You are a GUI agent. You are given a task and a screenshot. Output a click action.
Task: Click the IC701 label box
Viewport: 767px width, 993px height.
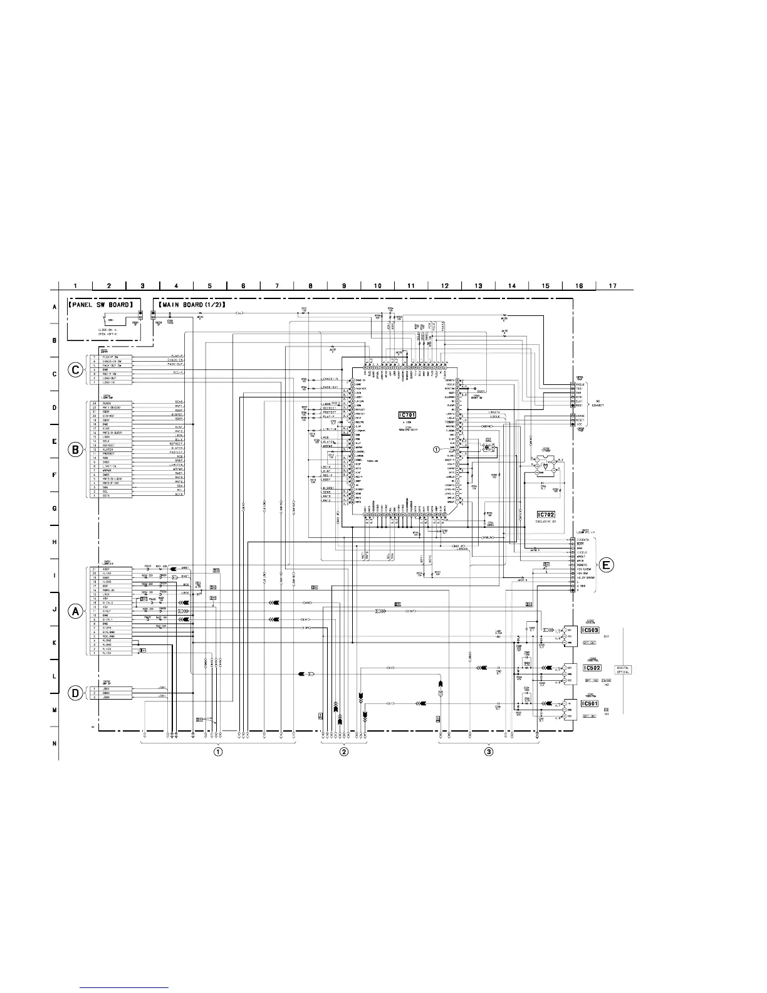pos(407,415)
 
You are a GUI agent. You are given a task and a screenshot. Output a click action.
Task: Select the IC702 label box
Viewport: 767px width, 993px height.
pos(545,514)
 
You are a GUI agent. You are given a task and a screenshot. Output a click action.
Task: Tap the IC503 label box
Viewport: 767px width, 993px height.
pos(590,630)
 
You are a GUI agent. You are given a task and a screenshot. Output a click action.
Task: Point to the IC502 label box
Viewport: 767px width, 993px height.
pos(591,668)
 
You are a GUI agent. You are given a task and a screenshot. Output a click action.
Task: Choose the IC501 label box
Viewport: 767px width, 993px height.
pos(590,703)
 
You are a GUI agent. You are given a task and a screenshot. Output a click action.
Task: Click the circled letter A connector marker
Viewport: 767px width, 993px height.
pos(75,611)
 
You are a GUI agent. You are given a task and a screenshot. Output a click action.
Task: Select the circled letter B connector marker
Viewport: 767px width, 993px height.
pos(75,449)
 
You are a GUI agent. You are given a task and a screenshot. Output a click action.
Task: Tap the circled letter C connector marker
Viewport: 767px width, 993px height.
pos(75,370)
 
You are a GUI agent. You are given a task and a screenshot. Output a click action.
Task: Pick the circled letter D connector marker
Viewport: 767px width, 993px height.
pos(75,693)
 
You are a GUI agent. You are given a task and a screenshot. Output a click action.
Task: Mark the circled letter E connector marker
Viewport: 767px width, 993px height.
pos(606,565)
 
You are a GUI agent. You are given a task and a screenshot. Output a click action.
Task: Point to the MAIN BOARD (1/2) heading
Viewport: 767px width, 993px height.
pos(196,305)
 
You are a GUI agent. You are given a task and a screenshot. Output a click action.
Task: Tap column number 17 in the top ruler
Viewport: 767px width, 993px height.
pos(612,286)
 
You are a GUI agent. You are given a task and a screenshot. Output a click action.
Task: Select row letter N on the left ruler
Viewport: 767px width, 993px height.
pos(55,743)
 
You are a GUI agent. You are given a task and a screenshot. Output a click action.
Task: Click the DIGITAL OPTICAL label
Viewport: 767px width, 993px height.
pos(624,670)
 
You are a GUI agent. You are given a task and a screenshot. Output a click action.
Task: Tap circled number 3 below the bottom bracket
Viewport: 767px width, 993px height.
pos(489,751)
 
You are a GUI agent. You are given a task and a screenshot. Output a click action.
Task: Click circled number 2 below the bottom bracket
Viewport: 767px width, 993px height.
pos(343,751)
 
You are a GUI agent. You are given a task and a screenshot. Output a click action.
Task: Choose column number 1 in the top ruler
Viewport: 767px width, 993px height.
pos(75,286)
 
